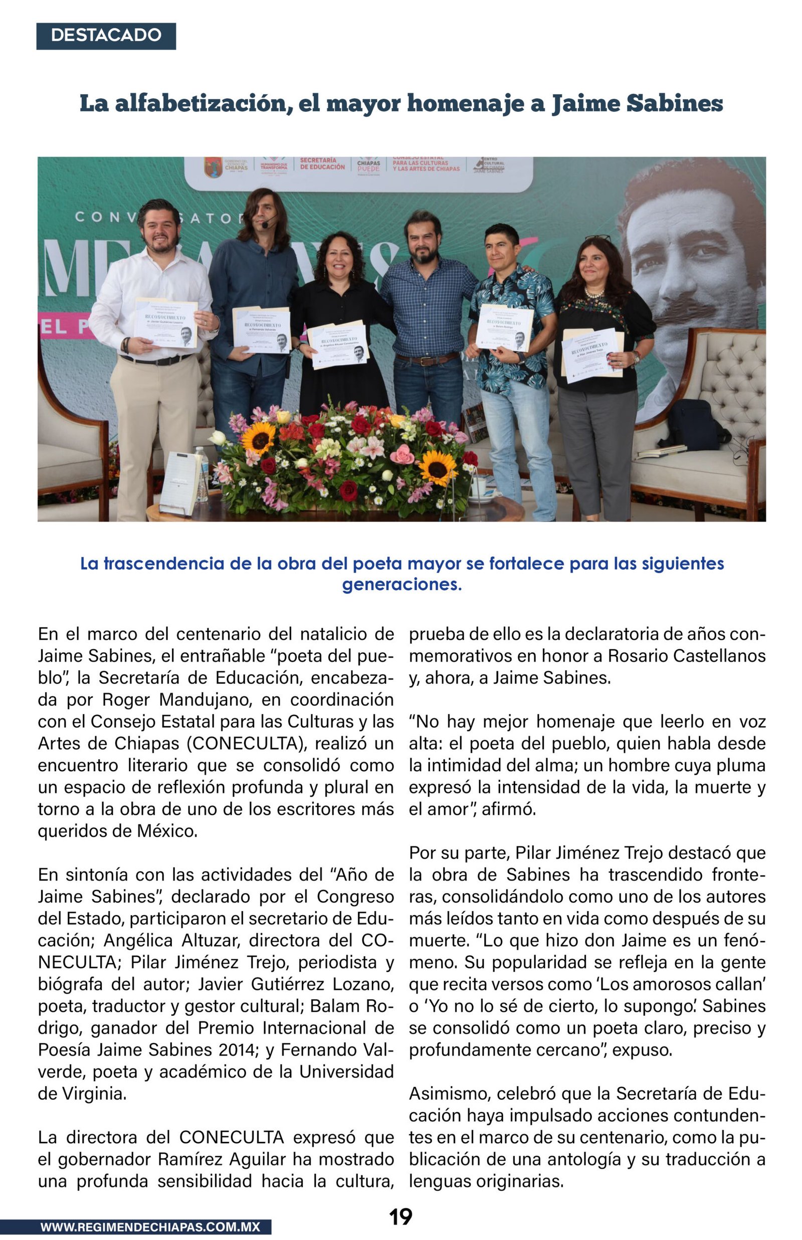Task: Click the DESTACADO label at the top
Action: click(x=106, y=36)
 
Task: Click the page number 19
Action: click(x=400, y=1216)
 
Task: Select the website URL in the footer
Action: click(x=150, y=1226)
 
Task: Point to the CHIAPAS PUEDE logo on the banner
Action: click(x=368, y=166)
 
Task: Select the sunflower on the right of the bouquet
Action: click(x=438, y=467)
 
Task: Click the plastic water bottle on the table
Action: click(x=202, y=473)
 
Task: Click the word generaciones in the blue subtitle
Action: click(x=402, y=584)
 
